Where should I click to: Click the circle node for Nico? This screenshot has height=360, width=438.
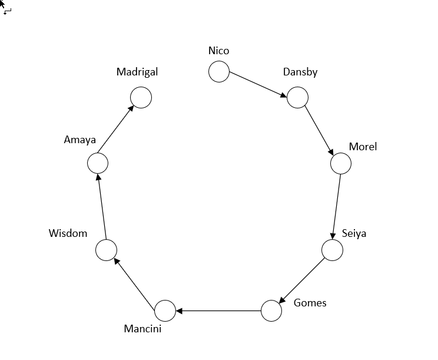pos(219,72)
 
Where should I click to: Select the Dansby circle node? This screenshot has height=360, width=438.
pos(297,97)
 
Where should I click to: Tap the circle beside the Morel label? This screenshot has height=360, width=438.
pos(341,163)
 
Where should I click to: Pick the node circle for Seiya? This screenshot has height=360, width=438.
pos(332,250)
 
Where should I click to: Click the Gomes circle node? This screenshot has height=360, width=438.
pos(271,311)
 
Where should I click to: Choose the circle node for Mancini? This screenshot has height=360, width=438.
pos(165,311)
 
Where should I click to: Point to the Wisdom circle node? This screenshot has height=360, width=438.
pos(107,250)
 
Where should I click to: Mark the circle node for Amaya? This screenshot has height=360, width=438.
pos(98,163)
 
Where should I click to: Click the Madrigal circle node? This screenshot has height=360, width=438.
pos(141,97)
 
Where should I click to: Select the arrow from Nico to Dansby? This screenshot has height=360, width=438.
pos(258,84)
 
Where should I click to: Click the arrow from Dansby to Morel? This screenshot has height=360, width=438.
pos(319,130)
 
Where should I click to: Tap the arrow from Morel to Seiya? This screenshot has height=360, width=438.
pos(337,206)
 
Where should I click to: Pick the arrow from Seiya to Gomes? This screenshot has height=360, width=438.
pos(302,280)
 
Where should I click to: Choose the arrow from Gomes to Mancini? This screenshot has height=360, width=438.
pos(218,311)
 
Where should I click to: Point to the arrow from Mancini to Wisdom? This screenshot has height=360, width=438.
pos(136,280)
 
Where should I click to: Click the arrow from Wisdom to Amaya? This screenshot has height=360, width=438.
pos(102,207)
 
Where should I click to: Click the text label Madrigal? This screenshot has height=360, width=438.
pos(137,72)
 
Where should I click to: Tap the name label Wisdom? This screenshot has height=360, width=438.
pos(68,233)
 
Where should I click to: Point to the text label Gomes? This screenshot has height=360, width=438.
pos(310,303)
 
